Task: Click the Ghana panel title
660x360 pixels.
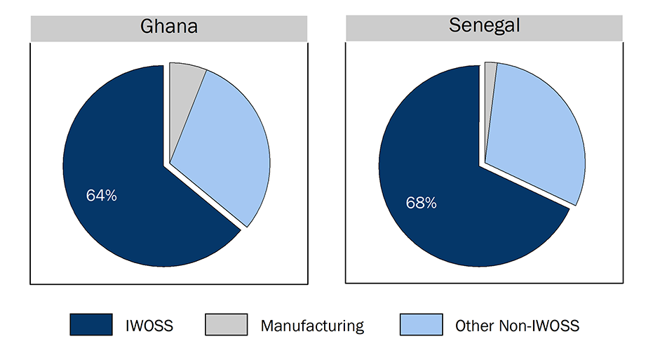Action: pyautogui.click(x=169, y=27)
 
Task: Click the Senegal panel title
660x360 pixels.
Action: pyautogui.click(x=484, y=27)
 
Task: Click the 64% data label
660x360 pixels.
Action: pyautogui.click(x=102, y=196)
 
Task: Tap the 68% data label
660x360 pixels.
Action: pyautogui.click(x=421, y=204)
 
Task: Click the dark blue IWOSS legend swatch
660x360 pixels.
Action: pyautogui.click(x=90, y=325)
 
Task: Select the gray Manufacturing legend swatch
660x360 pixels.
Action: pyautogui.click(x=226, y=325)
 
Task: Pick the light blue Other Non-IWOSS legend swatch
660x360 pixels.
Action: pyautogui.click(x=421, y=325)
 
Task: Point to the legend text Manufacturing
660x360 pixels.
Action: pyautogui.click(x=312, y=326)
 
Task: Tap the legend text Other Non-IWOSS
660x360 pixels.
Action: pyautogui.click(x=517, y=326)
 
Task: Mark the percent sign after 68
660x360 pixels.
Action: pyautogui.click(x=430, y=204)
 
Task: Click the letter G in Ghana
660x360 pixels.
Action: pyautogui.click(x=147, y=27)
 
